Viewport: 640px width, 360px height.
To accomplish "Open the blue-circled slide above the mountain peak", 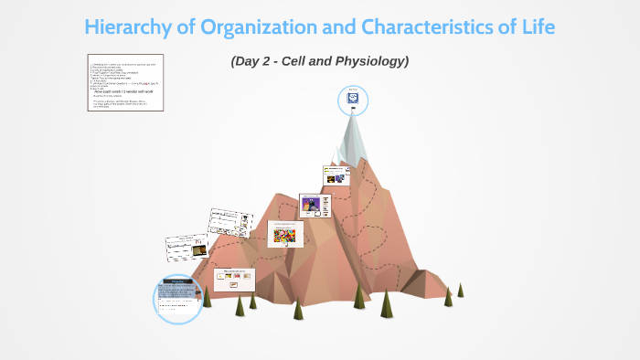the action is [x=353, y=100].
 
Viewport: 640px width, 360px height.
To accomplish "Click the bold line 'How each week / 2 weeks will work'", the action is [x=127, y=93].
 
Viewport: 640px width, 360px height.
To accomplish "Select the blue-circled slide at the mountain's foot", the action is [x=177, y=298].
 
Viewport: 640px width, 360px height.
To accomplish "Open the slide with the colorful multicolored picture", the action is [x=285, y=234].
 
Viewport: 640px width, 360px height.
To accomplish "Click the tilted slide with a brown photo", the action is [x=187, y=245].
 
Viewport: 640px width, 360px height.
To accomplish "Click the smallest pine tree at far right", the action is [x=460, y=290].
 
